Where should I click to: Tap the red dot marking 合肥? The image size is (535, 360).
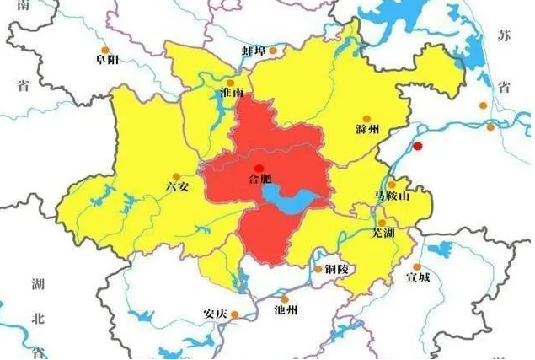coord(260,168)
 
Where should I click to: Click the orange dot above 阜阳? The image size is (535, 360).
coord(105,49)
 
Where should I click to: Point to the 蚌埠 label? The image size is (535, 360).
coord(254,51)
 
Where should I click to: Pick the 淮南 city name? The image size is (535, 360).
coord(231,92)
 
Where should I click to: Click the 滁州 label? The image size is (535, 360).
coord(368,130)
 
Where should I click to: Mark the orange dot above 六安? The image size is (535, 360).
coord(176,175)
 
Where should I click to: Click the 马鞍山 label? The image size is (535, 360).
coord(391,196)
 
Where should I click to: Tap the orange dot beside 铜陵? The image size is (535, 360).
coord(318,269)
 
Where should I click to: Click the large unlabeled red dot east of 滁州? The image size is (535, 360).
coord(418,146)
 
